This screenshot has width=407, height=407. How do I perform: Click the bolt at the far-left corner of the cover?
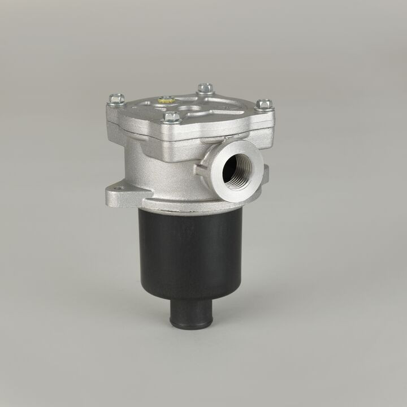click(x=117, y=99)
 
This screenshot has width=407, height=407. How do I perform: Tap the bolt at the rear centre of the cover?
click(x=205, y=88)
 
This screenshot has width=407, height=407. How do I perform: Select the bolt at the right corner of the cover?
click(x=264, y=104)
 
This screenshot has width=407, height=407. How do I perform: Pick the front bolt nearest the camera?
click(x=172, y=117)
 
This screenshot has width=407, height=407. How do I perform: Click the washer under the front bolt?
click(x=172, y=122)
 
